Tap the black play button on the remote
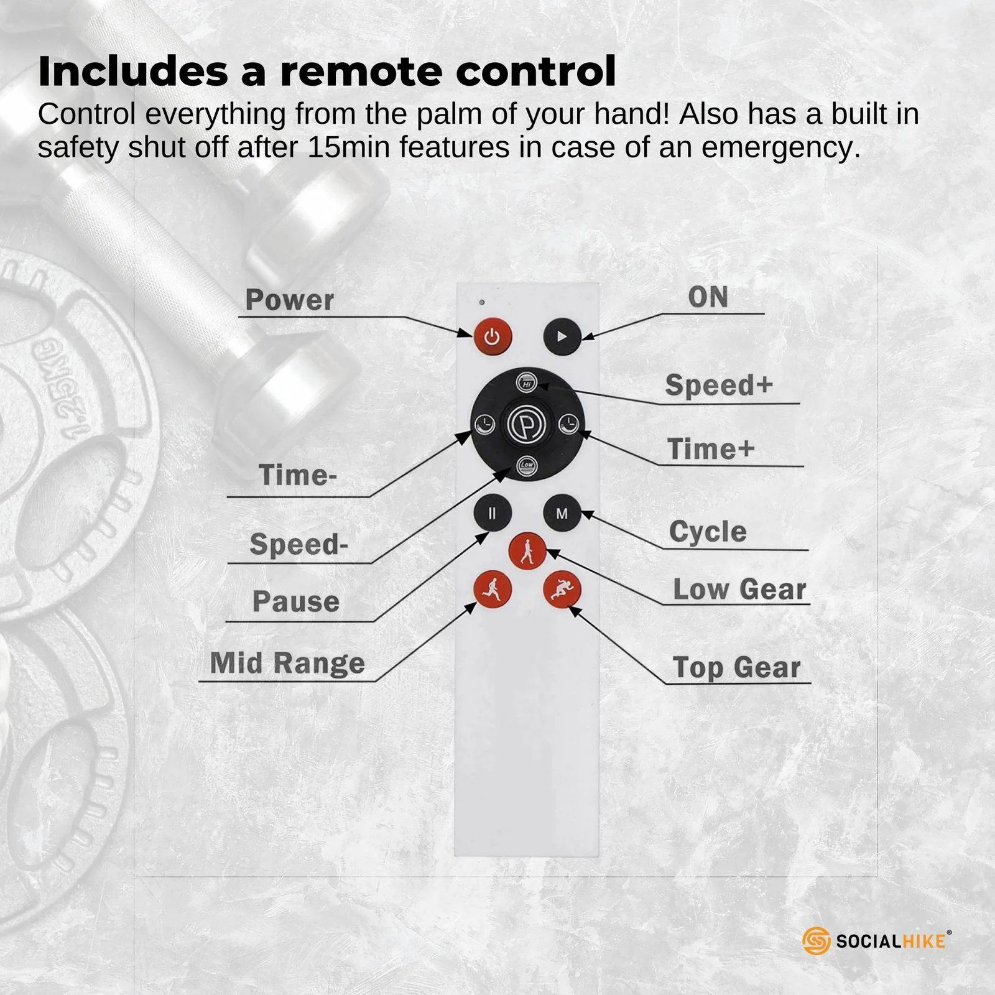tap(562, 336)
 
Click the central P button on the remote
tap(527, 425)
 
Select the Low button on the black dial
tap(527, 465)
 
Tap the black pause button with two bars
tap(493, 514)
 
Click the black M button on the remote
tap(562, 514)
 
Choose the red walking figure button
tap(527, 551)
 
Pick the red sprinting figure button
tap(562, 589)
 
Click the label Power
tap(290, 300)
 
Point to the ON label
tap(708, 297)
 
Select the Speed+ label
tap(719, 385)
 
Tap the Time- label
tap(298, 475)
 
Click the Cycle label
tap(708, 532)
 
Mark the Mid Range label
tap(287, 663)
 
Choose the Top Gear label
tap(737, 667)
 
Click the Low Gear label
tap(739, 589)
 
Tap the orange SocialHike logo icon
tap(817, 940)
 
